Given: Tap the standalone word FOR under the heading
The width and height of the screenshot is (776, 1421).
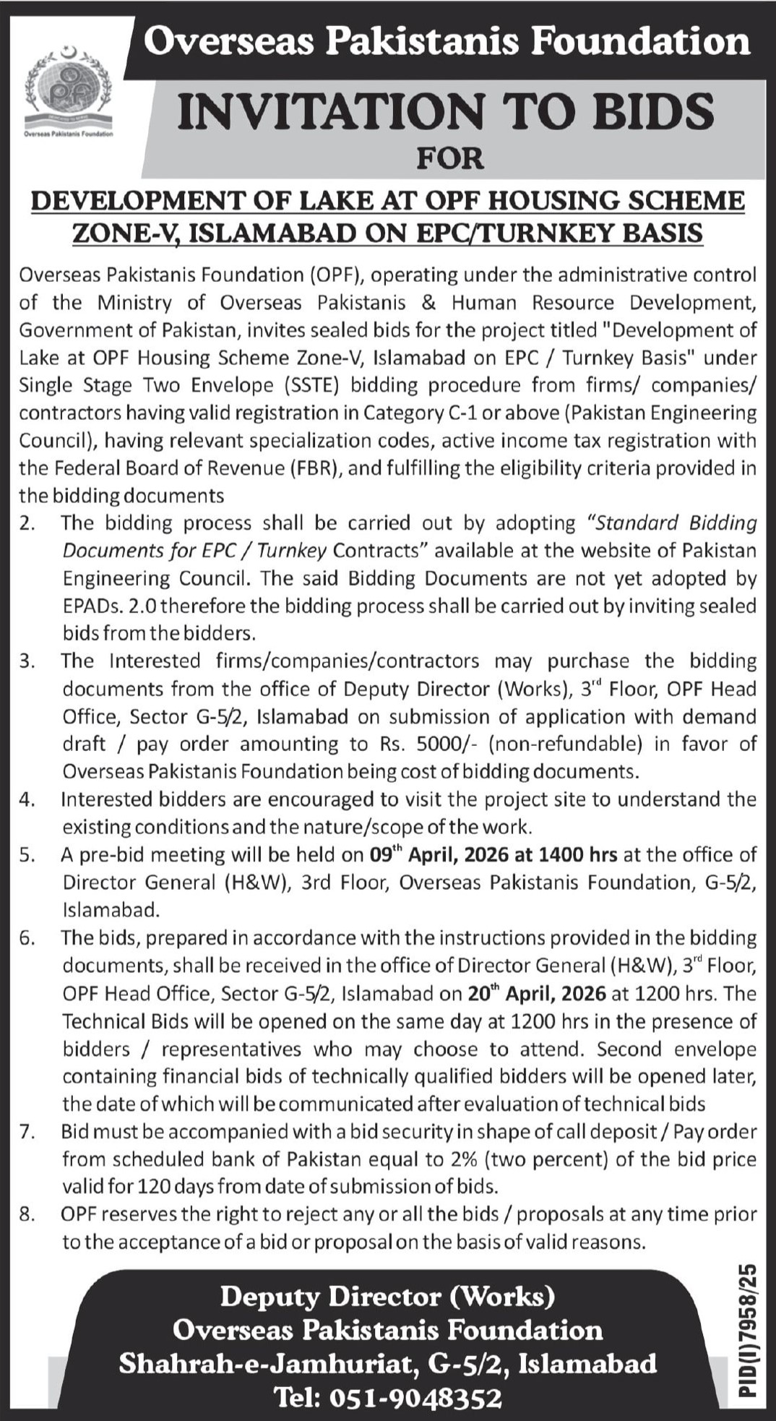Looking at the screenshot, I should (x=449, y=158).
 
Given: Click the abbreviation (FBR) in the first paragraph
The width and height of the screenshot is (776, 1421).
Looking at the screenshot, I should (x=315, y=468).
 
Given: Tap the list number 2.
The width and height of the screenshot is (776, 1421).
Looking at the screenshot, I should (x=27, y=523).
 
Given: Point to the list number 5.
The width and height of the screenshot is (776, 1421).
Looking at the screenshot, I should (x=27, y=855).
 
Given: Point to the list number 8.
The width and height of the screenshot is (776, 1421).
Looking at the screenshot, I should (x=27, y=1215).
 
